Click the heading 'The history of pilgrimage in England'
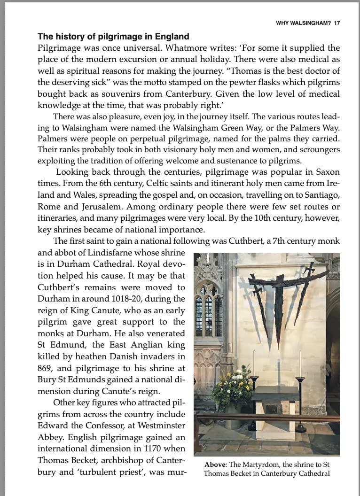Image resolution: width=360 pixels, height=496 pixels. tap(113, 36)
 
